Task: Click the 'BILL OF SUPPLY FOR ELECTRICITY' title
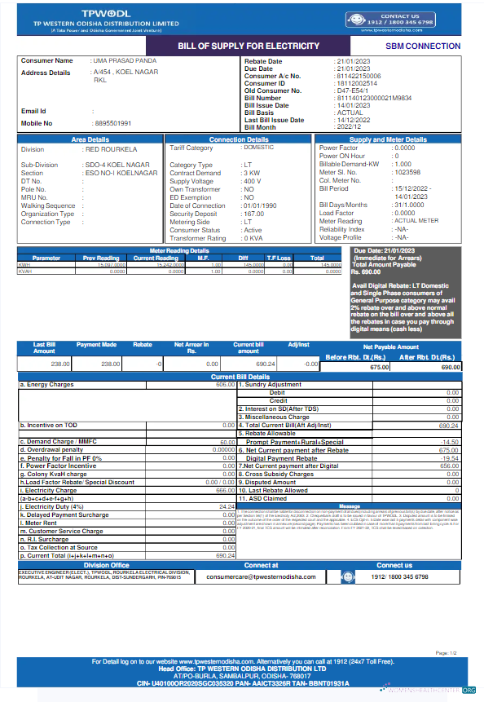click(249, 46)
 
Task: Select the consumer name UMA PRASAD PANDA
click(123, 61)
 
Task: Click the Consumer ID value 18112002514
click(357, 83)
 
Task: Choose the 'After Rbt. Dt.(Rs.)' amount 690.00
click(450, 369)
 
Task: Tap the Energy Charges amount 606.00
click(226, 384)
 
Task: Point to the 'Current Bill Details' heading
click(242, 377)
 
